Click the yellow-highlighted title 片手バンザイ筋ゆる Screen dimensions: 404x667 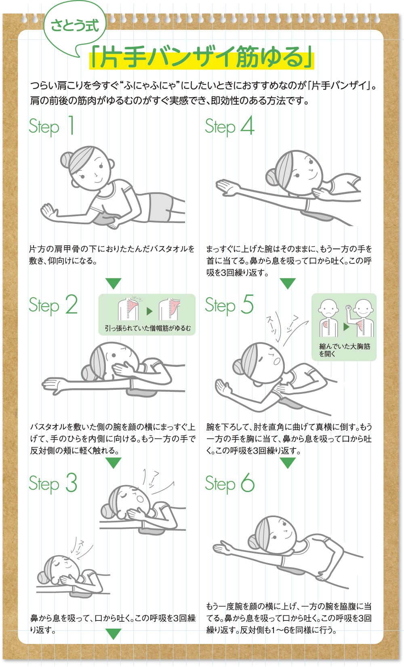coord(202,57)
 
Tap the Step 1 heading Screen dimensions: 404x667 coord(51,126)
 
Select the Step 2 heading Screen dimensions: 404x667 coord(53,305)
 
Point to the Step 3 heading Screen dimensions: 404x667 coord(53,483)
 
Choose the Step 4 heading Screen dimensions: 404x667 coord(229,126)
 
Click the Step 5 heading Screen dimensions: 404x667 coord(229,305)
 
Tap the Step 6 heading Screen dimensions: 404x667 coord(229,483)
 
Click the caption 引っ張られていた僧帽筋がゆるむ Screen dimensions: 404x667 coord(148,328)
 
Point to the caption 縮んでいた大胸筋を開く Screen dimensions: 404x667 coord(345,350)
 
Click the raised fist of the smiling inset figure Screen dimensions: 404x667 coord(349,307)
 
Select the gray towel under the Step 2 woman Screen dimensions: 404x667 coord(142,392)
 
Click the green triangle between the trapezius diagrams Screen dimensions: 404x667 coord(149,311)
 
